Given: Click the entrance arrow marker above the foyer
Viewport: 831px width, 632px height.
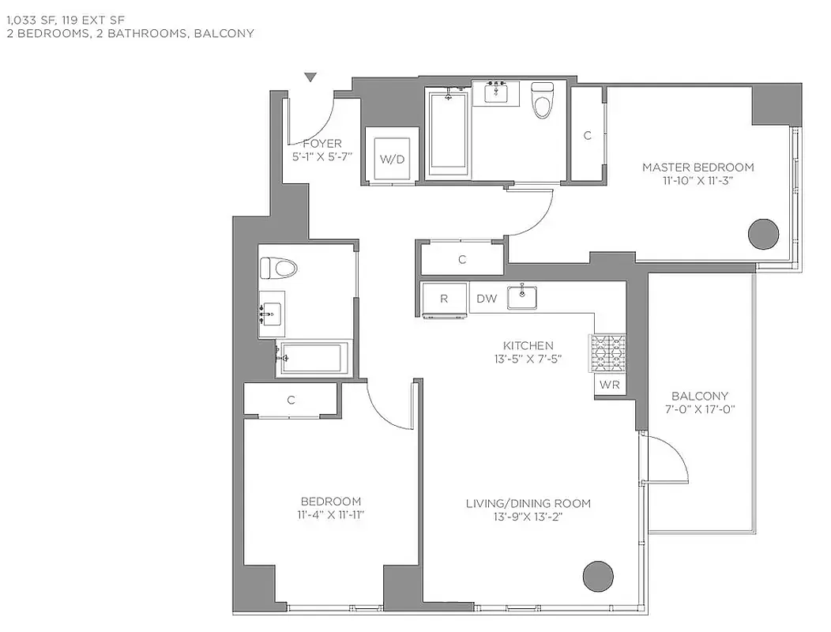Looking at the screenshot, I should pos(310,77).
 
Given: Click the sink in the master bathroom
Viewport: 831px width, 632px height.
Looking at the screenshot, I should pos(496,93).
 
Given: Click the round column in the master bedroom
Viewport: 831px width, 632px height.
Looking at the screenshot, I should pos(763,233).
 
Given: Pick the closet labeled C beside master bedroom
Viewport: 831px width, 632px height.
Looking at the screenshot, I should pos(587,135).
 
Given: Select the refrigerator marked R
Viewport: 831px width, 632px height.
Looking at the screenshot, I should pos(444,299).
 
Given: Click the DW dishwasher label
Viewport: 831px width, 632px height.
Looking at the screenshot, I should pos(487,299).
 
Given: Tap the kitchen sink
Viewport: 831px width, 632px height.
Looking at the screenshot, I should pos(522,297).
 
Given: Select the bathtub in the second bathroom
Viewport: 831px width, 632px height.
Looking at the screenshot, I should pos(313,358).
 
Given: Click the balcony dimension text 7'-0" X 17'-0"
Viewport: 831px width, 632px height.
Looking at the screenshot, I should pos(699,409).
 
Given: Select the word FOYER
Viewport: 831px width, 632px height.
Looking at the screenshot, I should pos(322,144).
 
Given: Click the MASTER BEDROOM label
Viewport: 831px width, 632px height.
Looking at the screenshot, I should pos(698,167).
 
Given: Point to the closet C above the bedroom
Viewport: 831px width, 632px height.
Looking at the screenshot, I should pos(291,400).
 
